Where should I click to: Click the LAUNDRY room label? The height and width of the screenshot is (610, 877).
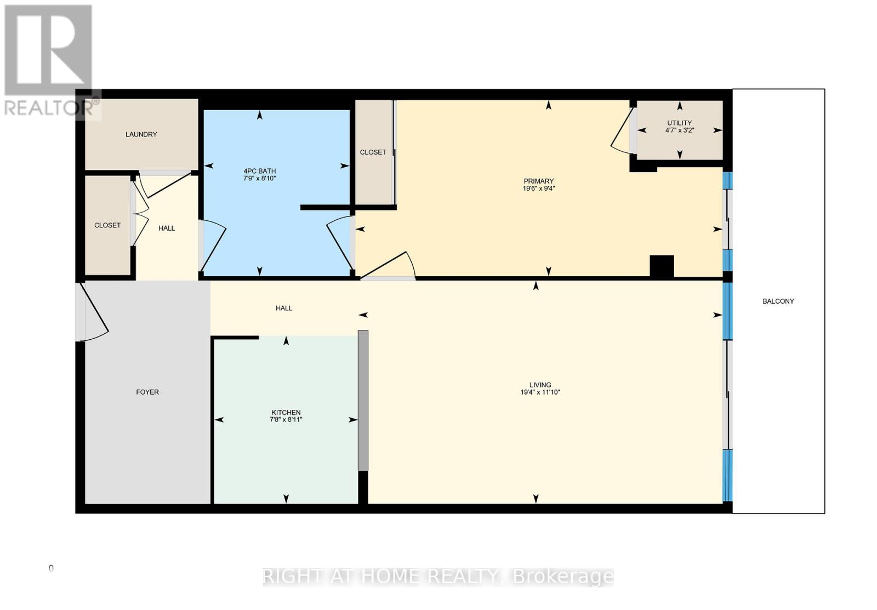click(x=141, y=134)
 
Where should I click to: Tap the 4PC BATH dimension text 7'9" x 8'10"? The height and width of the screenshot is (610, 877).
click(x=259, y=179)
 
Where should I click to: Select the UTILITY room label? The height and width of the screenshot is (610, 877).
click(x=679, y=123)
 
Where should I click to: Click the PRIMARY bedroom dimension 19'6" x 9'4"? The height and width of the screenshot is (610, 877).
click(x=539, y=189)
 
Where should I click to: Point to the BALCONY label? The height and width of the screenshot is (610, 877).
click(x=778, y=301)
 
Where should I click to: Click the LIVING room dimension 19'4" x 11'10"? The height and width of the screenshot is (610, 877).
click(x=540, y=392)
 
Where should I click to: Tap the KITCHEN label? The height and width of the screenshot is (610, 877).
click(x=286, y=412)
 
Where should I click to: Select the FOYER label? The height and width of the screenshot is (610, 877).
click(x=147, y=392)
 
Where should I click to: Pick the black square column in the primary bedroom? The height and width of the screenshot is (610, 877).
click(x=662, y=266)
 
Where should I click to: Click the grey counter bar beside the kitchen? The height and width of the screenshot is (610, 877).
click(x=363, y=400)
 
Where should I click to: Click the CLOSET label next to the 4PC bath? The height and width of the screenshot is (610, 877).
click(x=373, y=152)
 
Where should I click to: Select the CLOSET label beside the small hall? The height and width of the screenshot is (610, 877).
click(x=107, y=225)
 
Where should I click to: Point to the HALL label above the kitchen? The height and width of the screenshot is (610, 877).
click(x=284, y=308)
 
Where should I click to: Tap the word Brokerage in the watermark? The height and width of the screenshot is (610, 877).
click(x=563, y=577)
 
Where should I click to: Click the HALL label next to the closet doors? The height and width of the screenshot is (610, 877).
click(x=167, y=228)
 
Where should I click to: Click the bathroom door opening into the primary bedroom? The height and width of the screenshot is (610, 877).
click(x=340, y=244)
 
